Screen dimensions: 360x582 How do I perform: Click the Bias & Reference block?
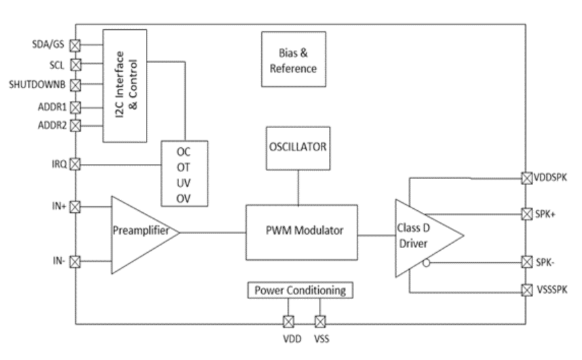click(x=290, y=60)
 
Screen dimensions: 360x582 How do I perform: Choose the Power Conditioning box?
click(x=300, y=291)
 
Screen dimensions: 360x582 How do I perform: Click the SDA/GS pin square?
click(x=76, y=45)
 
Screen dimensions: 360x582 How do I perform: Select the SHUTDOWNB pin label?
click(x=37, y=85)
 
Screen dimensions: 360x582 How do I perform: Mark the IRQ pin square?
click(x=76, y=163)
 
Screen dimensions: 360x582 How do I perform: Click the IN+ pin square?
click(x=76, y=205)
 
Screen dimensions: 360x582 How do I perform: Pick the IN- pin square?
click(x=76, y=260)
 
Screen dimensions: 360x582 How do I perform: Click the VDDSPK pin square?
click(x=525, y=179)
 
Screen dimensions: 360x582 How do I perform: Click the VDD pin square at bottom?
click(x=288, y=321)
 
